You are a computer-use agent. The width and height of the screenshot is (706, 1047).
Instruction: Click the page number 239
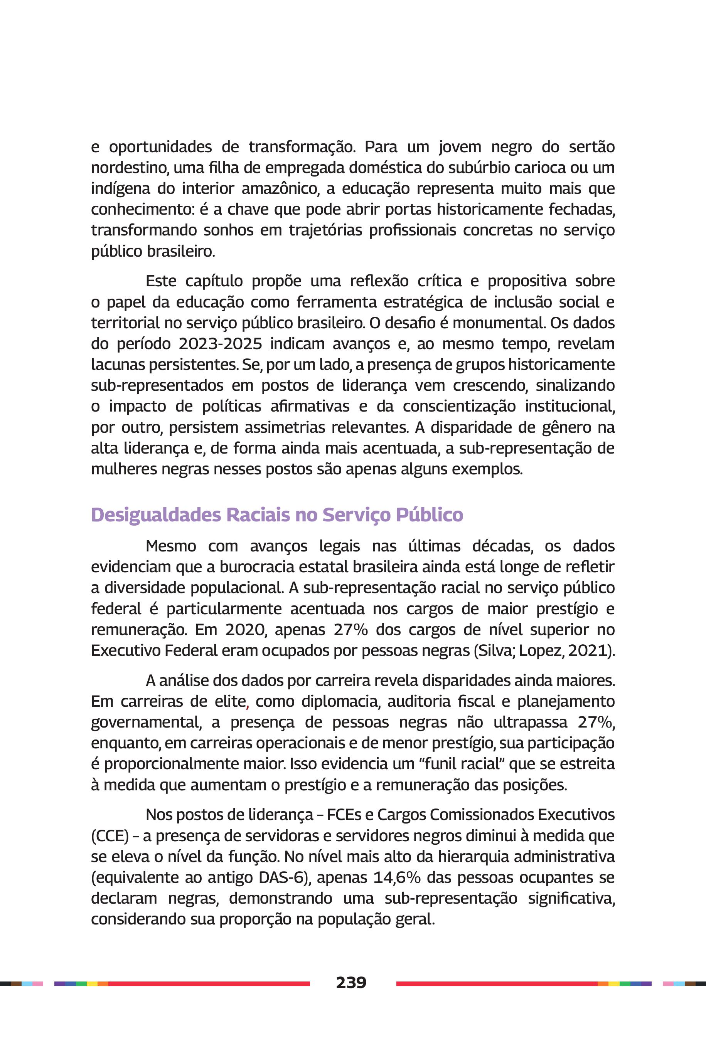[351, 982]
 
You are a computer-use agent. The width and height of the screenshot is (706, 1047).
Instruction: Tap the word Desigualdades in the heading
[156, 515]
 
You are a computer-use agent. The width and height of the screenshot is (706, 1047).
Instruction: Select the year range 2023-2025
[220, 344]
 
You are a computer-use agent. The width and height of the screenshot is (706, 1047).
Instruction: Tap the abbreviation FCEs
[349, 815]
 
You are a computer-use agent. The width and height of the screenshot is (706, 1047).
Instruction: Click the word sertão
[591, 147]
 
